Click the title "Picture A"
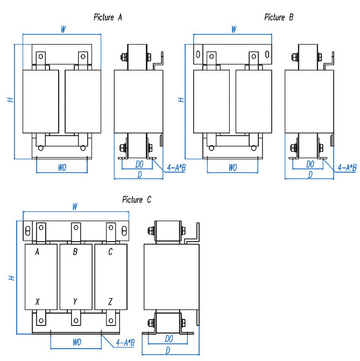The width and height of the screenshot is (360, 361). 108,17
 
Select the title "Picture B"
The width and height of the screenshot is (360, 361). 279,17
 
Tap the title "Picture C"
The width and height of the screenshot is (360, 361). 137,200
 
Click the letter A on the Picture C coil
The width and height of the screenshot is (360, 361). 38,252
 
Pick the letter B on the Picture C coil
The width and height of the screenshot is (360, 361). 75,252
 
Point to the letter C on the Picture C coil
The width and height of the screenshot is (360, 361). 110,252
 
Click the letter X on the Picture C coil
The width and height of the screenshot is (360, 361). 37,301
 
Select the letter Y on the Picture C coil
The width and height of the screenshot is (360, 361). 75,301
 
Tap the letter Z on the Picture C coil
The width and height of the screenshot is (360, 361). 110,301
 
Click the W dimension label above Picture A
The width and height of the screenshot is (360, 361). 63,30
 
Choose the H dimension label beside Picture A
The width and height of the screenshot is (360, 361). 9,100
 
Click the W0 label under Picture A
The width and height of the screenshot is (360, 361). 62,168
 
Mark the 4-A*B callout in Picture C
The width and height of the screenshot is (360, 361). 125,342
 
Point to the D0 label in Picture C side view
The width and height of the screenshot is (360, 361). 169,339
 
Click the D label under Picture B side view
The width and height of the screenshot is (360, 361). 310,174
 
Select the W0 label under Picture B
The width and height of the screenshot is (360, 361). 232,168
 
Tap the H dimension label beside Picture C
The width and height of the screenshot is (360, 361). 11,278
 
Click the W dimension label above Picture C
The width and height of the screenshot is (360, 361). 75,207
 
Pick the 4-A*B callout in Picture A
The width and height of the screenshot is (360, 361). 176,168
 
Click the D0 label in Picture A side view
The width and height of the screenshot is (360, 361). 139,164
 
